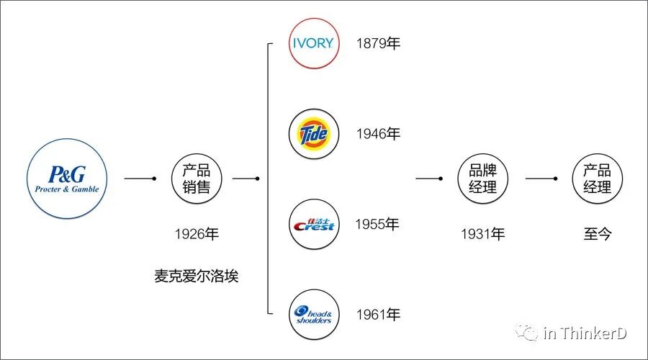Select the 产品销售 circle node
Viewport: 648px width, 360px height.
pos(196,179)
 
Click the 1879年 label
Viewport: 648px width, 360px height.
pos(378,43)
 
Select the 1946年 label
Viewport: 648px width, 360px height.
pos(378,134)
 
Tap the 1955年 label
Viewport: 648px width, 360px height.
pos(377,225)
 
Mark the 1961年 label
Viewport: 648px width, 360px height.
pos(378,315)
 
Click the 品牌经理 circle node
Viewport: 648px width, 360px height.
pos(483,179)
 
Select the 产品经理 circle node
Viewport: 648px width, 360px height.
pos(597,179)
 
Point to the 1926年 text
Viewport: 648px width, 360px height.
pos(196,234)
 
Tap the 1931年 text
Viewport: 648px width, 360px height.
pos(483,234)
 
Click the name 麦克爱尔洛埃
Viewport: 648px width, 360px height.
pos(196,276)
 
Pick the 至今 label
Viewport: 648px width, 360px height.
pos(597,234)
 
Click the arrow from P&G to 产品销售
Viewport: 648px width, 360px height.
pos(140,179)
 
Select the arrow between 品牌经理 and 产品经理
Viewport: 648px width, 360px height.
pos(541,179)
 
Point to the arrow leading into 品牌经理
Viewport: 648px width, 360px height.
pos(429,179)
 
